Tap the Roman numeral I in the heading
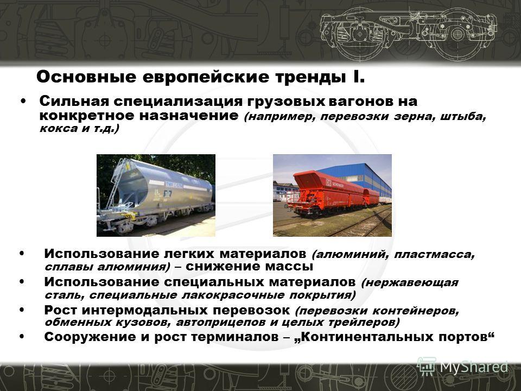[357, 77]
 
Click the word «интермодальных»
[145, 310]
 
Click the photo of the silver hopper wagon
[156, 195]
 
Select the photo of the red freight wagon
[332, 195]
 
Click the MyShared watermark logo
[462, 367]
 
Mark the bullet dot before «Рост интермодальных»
[22, 310]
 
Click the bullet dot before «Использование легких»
[22, 254]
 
